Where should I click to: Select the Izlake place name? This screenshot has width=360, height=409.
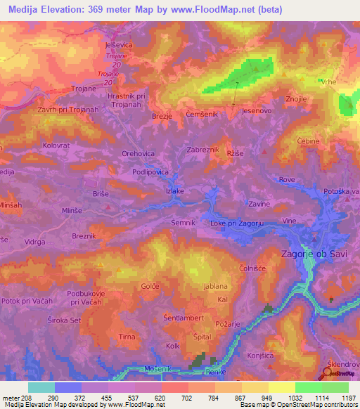(174, 190)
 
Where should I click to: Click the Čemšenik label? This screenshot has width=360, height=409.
(203, 114)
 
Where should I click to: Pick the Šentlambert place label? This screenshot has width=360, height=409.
(183, 318)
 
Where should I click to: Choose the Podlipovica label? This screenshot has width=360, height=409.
(149, 171)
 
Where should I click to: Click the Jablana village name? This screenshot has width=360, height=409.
(215, 286)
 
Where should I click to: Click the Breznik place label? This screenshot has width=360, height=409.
(87, 236)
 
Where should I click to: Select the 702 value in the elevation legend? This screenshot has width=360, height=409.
(187, 396)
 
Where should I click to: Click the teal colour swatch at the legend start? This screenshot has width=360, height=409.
(41, 387)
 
